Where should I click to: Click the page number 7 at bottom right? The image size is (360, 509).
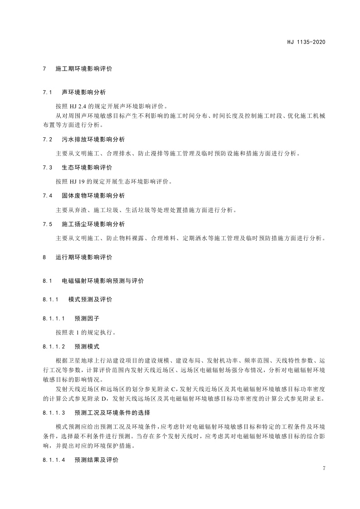[x=324, y=468]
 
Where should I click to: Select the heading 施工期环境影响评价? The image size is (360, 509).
[x=84, y=69]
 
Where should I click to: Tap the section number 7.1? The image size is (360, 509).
[x=48, y=92]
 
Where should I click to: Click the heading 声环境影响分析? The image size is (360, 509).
[x=84, y=92]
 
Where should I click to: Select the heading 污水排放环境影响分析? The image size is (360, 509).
[x=93, y=139]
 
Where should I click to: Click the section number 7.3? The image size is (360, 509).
[x=48, y=167]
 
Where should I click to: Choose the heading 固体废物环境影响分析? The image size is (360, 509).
[x=93, y=195]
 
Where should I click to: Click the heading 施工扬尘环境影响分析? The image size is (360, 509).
[x=93, y=224]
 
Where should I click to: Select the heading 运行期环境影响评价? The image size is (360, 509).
[x=84, y=257]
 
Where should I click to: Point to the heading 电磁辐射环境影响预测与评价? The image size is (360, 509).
[x=103, y=281]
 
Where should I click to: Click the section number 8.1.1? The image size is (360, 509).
[x=51, y=300]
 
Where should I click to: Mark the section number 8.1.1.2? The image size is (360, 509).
[x=54, y=347]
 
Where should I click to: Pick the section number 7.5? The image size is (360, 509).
[x=48, y=224]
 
